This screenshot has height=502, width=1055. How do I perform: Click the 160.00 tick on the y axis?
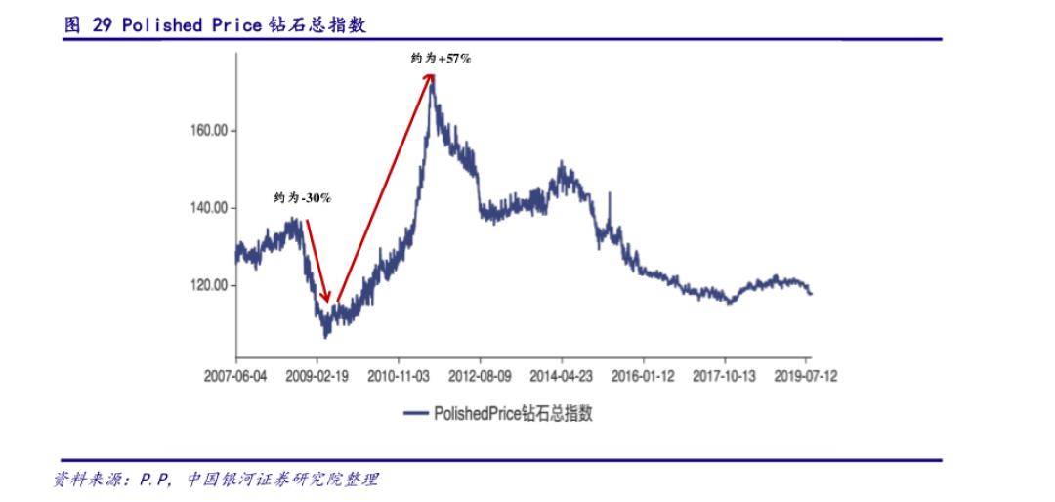point(207,130)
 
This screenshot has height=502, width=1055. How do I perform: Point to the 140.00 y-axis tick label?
point(207,208)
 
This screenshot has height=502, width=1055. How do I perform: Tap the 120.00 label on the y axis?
point(207,286)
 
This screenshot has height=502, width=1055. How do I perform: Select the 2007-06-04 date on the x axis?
point(236,375)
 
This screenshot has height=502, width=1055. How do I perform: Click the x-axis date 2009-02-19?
point(317,375)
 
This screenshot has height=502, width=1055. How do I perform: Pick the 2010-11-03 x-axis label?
point(400,375)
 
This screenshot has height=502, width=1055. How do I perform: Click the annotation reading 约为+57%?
point(441,59)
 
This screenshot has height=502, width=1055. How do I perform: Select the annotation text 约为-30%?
point(302,198)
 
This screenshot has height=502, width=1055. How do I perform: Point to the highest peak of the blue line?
point(432,78)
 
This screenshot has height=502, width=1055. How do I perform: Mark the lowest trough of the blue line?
point(325,337)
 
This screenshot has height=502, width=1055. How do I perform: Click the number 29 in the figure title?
point(102,25)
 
